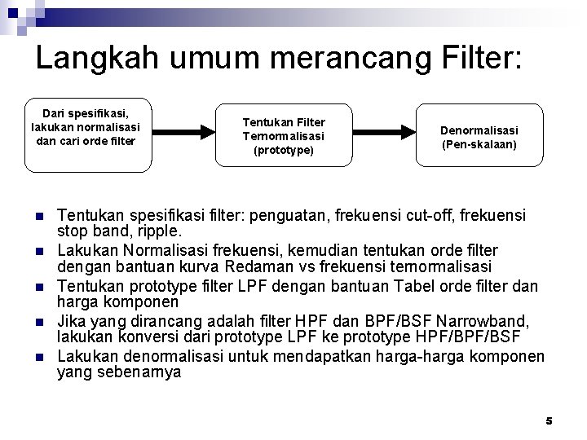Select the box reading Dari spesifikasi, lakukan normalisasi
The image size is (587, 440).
[88, 135]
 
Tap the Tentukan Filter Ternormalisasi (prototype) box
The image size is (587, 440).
[283, 137]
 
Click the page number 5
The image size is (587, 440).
[549, 420]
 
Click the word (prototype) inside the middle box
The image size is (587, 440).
[282, 151]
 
